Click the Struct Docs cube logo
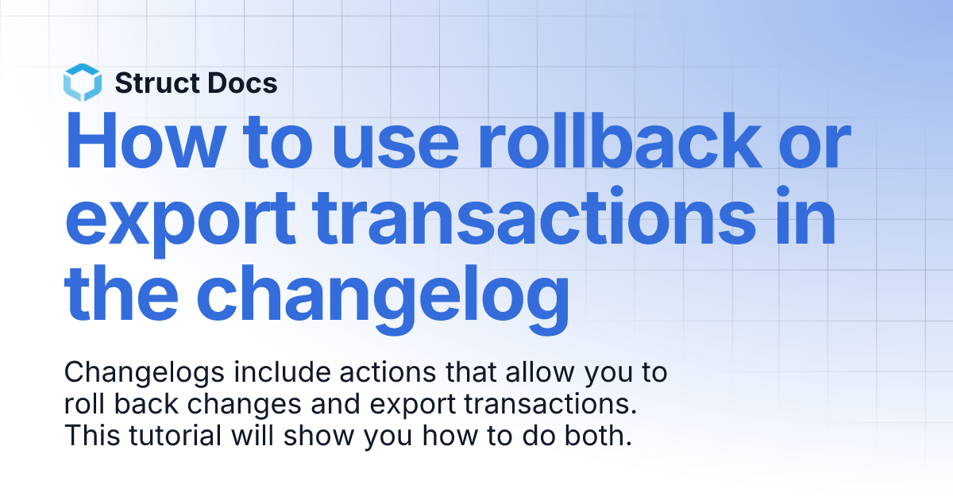tap(83, 83)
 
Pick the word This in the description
tap(87, 436)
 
